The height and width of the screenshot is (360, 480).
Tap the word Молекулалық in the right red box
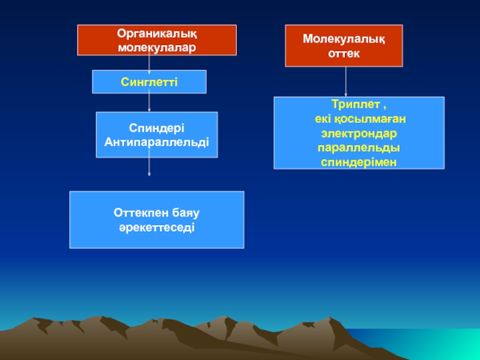coord(343,40)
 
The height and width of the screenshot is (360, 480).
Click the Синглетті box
coord(149,82)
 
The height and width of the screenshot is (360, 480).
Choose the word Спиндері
coord(157,129)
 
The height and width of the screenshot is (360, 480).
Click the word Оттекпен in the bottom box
coord(135,214)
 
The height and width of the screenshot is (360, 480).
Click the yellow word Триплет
coord(352,106)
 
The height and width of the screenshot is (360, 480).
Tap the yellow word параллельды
coord(359,148)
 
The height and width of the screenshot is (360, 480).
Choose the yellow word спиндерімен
coord(359,162)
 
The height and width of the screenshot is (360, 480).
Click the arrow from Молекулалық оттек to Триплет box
coord(346,81)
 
